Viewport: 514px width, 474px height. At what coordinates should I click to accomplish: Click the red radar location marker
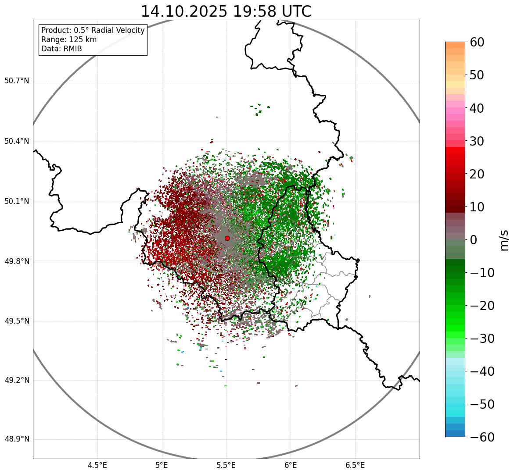[227, 238]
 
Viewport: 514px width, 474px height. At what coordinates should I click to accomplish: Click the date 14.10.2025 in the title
[184, 11]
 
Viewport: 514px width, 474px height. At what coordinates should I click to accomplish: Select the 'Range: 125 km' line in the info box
[69, 39]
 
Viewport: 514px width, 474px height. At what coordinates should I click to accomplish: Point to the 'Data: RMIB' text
[61, 49]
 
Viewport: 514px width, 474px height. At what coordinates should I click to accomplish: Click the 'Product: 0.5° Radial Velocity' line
[93, 30]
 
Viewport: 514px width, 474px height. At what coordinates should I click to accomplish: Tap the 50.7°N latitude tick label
[17, 81]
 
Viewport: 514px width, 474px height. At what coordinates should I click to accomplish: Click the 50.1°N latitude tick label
[17, 202]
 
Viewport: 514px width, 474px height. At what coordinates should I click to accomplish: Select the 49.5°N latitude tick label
[17, 321]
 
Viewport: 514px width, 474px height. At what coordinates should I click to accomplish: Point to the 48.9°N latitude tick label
[17, 439]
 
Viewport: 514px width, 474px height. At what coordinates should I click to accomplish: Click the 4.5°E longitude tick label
[97, 465]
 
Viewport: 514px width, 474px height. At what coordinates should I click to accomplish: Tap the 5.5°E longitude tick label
[226, 465]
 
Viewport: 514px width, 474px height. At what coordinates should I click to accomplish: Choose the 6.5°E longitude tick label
[355, 465]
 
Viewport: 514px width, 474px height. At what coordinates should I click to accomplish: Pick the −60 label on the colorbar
[482, 437]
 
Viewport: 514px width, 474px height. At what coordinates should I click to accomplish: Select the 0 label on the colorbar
[473, 240]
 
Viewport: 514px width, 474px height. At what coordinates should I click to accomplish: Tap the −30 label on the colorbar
[482, 339]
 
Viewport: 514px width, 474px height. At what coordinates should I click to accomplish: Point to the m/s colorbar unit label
[504, 240]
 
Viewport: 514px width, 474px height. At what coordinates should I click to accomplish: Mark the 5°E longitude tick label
[162, 465]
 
